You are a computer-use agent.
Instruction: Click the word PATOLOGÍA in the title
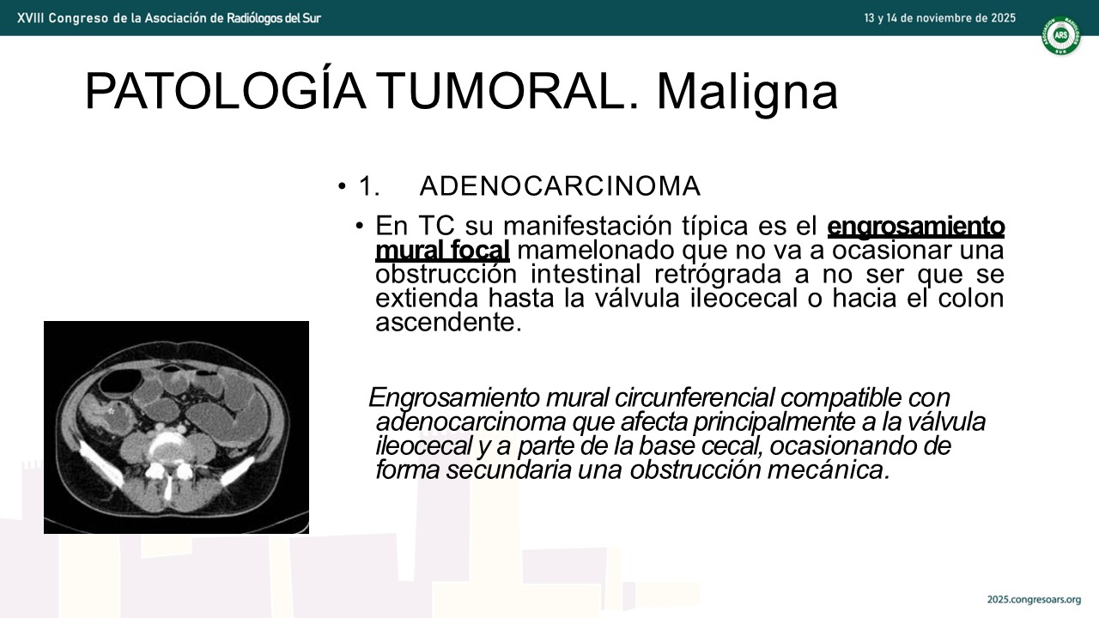click(x=226, y=90)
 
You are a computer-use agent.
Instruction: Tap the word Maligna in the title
click(x=747, y=92)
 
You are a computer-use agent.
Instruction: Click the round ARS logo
click(x=1061, y=35)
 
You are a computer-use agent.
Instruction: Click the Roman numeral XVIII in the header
click(x=31, y=18)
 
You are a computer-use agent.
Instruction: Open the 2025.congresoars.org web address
click(x=1035, y=600)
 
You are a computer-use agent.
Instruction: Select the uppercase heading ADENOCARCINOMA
click(x=560, y=186)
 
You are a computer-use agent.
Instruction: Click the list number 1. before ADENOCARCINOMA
click(x=369, y=186)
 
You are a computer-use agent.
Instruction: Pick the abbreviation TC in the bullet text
click(x=436, y=226)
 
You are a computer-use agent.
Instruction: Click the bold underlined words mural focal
click(x=442, y=250)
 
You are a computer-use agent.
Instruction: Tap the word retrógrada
click(x=718, y=274)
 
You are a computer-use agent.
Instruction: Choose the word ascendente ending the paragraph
click(x=448, y=323)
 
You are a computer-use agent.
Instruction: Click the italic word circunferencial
click(x=695, y=397)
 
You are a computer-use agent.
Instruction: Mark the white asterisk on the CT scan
click(x=112, y=410)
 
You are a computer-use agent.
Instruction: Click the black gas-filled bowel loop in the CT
click(x=119, y=380)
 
